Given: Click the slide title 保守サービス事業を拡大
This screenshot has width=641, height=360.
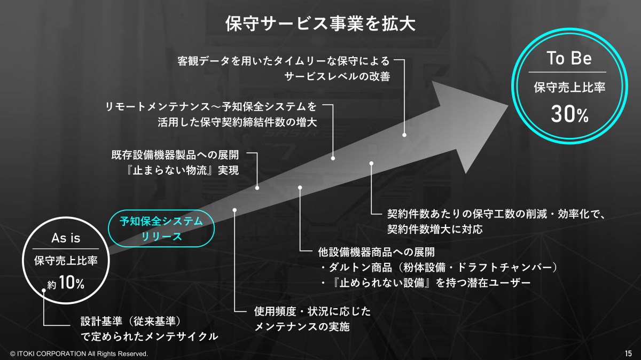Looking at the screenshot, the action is [x=320, y=24].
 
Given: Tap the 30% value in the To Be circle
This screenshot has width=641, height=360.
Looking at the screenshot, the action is [x=569, y=114].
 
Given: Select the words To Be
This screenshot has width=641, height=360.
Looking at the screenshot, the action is [x=569, y=58].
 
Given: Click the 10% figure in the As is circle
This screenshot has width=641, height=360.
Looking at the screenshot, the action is [x=71, y=283].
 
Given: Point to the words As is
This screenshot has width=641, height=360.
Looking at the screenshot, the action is [x=66, y=238].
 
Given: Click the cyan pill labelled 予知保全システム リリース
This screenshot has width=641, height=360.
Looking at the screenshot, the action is [x=161, y=229].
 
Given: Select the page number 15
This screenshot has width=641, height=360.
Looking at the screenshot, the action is [x=628, y=354].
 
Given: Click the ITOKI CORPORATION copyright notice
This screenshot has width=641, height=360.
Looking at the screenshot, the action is [x=79, y=354].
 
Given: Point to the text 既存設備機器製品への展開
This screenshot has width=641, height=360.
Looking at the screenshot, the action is [x=175, y=155].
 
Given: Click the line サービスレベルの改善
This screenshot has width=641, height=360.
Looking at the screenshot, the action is [x=337, y=76].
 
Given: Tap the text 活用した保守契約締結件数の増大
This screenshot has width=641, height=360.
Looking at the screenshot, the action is [x=237, y=122].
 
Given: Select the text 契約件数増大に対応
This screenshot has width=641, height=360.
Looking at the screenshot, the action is [x=435, y=229].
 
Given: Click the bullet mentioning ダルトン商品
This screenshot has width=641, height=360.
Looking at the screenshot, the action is [x=439, y=268].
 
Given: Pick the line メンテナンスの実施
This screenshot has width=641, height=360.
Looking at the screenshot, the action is [x=302, y=326].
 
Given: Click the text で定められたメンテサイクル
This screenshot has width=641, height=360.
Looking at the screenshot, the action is [x=150, y=336].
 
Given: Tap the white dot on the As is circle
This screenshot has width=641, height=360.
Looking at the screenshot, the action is [x=44, y=290].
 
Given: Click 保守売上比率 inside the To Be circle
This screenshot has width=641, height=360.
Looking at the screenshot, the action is [x=569, y=87].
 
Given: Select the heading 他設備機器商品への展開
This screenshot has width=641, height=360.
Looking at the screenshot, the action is [x=376, y=252].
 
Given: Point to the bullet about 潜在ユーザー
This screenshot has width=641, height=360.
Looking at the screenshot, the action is [x=426, y=283].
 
